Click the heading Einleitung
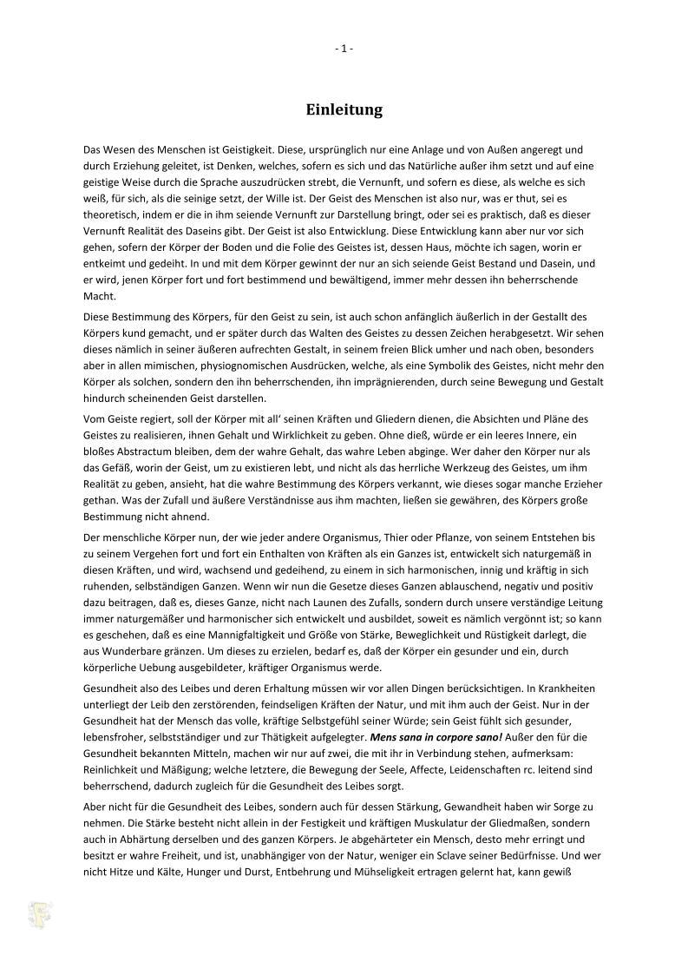[344, 110]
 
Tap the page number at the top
[344, 49]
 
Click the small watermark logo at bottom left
[40, 914]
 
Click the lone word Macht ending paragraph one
[98, 296]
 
